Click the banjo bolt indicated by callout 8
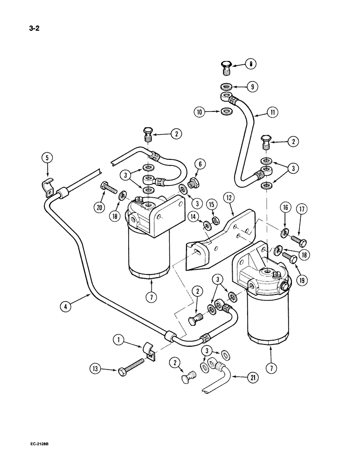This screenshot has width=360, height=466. pyautogui.click(x=227, y=68)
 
